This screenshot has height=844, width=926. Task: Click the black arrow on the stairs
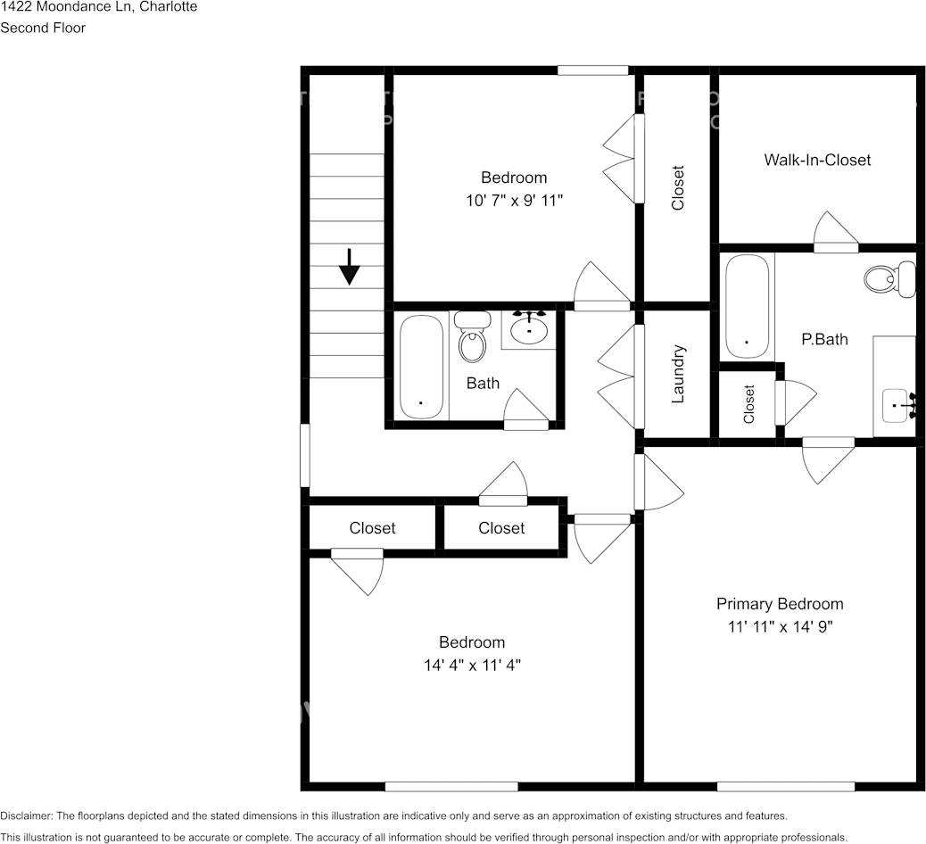[349, 267]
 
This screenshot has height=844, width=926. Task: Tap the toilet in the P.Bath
[889, 279]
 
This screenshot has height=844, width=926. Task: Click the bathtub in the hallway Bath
[421, 367]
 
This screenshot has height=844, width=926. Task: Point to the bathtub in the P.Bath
[747, 307]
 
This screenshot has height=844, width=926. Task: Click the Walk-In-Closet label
[817, 160]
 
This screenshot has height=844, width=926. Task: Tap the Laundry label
[677, 374]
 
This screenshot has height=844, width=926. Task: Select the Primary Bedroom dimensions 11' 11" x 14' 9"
[780, 626]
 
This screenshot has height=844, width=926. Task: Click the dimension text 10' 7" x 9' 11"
[514, 201]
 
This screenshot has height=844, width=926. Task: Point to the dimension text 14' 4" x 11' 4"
[472, 665]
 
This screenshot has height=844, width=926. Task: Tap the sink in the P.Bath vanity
[897, 407]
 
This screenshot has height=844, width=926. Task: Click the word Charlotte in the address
[168, 7]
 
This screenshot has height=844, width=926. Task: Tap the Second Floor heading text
[43, 28]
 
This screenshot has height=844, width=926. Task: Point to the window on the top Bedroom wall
[592, 70]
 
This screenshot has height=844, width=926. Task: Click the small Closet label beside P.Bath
[748, 403]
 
